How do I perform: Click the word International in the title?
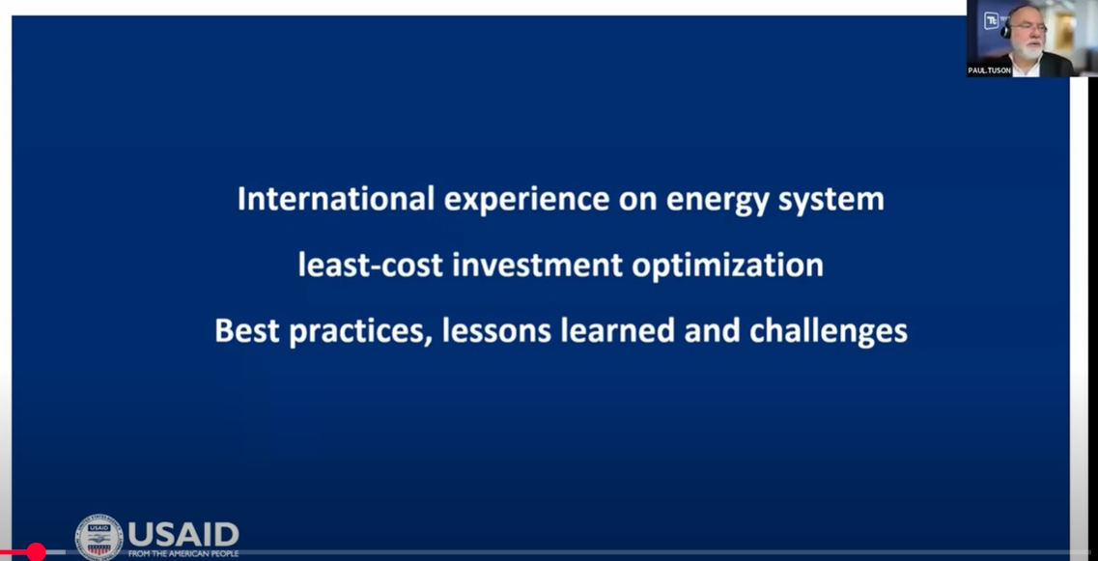336,199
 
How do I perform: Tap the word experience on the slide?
526,201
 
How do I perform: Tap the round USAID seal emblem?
99,538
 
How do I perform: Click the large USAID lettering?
183,534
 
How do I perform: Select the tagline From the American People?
183,554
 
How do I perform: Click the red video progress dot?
36,552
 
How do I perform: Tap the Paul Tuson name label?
990,70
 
